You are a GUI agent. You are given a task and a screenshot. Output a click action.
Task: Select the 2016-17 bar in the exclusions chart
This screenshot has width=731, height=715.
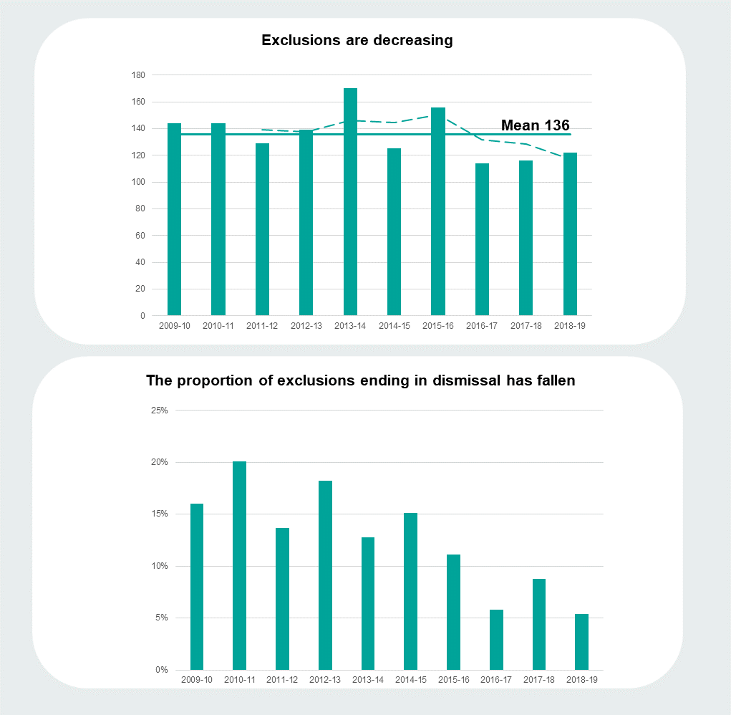coord(482,239)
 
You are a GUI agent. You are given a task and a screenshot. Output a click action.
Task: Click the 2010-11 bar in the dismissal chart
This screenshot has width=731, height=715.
coord(239,566)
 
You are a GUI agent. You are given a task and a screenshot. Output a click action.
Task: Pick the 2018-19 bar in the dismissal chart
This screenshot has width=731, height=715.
coord(581,642)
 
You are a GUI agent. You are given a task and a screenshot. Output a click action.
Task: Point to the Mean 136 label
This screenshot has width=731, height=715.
coord(535,125)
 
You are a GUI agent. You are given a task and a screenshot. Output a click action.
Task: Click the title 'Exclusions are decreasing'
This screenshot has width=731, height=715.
coord(357,40)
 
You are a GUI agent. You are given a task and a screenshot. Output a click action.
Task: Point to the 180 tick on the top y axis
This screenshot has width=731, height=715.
coord(138,75)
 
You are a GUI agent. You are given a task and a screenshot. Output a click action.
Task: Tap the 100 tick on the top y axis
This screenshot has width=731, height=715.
coord(138,182)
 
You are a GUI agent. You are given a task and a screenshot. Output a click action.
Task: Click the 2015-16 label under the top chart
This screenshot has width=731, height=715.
coord(438,326)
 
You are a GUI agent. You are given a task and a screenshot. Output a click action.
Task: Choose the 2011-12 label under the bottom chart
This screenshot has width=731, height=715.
coord(282,680)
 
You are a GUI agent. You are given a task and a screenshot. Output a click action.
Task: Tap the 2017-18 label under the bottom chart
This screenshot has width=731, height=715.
coord(538,680)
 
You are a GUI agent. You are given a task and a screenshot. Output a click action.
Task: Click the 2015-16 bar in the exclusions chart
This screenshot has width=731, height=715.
coord(438,211)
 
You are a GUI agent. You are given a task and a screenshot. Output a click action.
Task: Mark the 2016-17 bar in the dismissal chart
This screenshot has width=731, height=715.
coord(496,640)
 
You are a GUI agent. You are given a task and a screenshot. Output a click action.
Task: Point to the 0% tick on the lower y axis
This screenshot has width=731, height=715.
coord(161,670)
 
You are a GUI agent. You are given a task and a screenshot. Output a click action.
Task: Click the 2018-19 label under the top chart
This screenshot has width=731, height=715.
coord(570,326)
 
